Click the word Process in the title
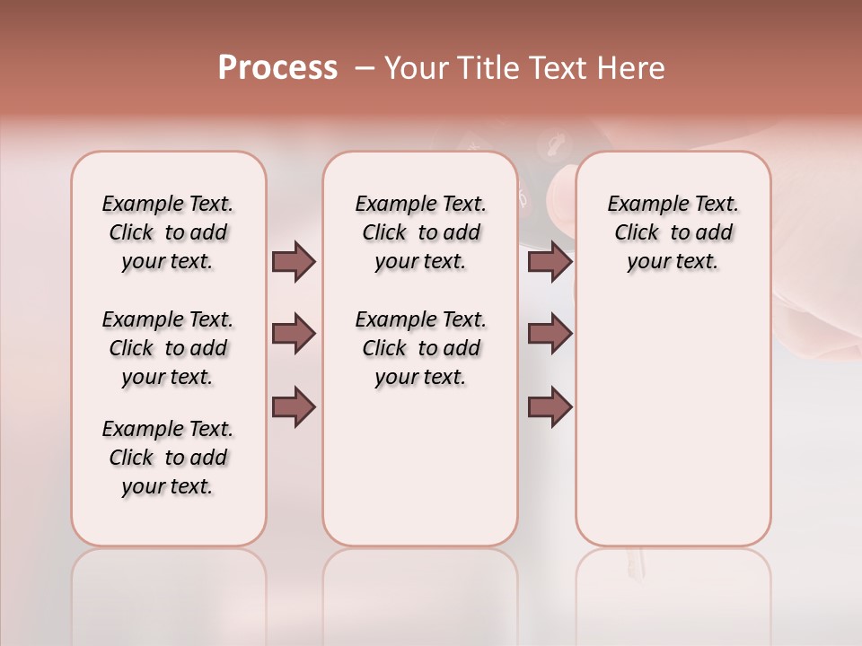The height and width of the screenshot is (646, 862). [277, 67]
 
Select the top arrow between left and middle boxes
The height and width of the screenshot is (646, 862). [294, 261]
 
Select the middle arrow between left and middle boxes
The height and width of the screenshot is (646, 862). [294, 335]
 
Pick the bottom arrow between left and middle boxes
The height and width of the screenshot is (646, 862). [294, 407]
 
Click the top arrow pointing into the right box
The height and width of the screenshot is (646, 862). [550, 261]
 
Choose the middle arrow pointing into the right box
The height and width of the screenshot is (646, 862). [550, 335]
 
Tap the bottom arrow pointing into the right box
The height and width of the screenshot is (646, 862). [550, 407]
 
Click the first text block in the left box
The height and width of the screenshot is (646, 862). [168, 232]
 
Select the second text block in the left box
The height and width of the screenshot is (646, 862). [168, 348]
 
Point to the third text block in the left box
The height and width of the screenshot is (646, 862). [168, 458]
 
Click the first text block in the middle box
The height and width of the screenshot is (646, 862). [421, 232]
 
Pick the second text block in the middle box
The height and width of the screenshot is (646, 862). [421, 348]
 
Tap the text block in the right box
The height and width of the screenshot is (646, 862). [673, 232]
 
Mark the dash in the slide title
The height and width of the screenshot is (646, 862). [365, 68]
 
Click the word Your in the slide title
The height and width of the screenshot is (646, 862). [415, 68]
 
